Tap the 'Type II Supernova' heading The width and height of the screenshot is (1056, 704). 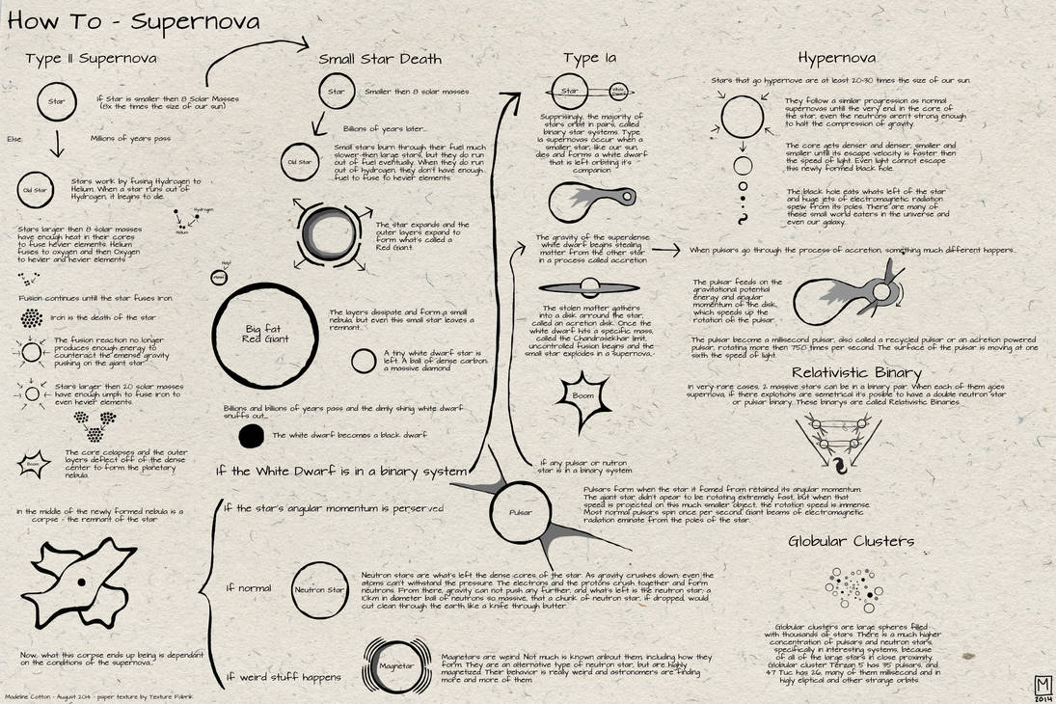point(92,59)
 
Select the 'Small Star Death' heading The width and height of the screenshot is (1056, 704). point(380,59)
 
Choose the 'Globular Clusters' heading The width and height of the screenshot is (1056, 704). point(851,541)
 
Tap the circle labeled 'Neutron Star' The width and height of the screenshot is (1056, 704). point(319,588)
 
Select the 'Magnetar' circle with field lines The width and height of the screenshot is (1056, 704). point(395,666)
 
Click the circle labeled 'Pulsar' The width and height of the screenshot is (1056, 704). point(521,513)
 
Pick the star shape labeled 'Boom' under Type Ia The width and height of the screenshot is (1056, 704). point(582,395)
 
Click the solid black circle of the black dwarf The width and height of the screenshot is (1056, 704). point(252,437)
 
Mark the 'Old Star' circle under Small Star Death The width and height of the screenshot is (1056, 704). point(300,162)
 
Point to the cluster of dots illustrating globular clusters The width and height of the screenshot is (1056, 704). point(851,589)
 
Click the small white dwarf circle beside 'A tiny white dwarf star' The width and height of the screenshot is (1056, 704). point(363,361)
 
